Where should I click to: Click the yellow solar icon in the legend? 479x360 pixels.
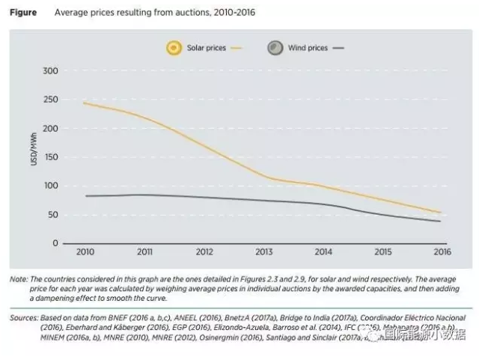(174, 48)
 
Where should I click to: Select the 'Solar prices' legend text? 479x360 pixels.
(207, 48)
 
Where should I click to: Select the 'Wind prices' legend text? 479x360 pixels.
(308, 48)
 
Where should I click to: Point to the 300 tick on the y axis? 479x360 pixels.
(49, 71)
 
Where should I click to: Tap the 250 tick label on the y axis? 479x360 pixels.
(49, 100)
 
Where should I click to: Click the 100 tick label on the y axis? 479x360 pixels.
(49, 186)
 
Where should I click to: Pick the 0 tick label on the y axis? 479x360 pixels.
(54, 243)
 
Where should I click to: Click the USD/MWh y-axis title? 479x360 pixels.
(34, 147)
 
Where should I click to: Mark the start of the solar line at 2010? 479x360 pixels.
(84, 103)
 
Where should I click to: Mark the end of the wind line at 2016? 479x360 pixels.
(440, 221)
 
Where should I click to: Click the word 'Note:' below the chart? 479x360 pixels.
(18, 279)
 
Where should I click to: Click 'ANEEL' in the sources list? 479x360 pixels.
(184, 317)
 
